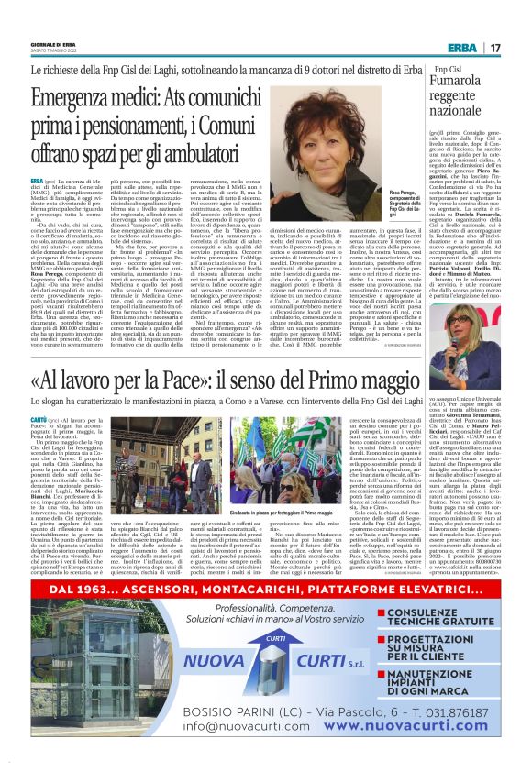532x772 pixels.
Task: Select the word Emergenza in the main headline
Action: coord(83,97)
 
